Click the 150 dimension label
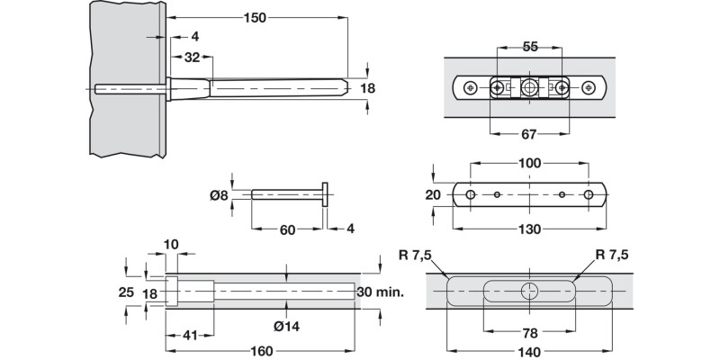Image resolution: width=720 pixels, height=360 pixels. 255,17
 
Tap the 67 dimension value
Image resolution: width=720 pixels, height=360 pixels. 529,134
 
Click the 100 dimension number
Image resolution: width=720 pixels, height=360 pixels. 530,163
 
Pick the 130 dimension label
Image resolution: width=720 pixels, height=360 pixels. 530,229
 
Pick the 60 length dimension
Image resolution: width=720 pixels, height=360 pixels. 286,229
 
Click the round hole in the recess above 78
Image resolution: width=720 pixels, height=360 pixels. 530,291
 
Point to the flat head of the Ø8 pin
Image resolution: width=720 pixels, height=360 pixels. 325,194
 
